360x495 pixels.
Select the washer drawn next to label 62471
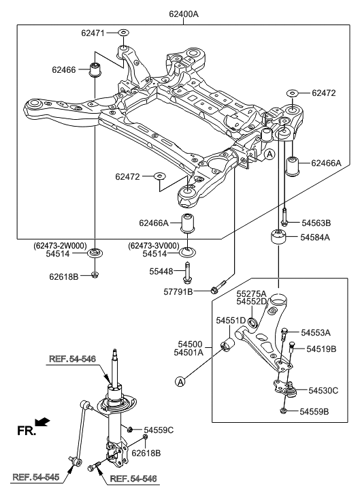(x=123, y=32)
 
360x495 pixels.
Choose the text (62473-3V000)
(x=153, y=245)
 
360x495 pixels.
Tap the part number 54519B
(x=321, y=349)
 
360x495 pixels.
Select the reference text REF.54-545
(x=31, y=477)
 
